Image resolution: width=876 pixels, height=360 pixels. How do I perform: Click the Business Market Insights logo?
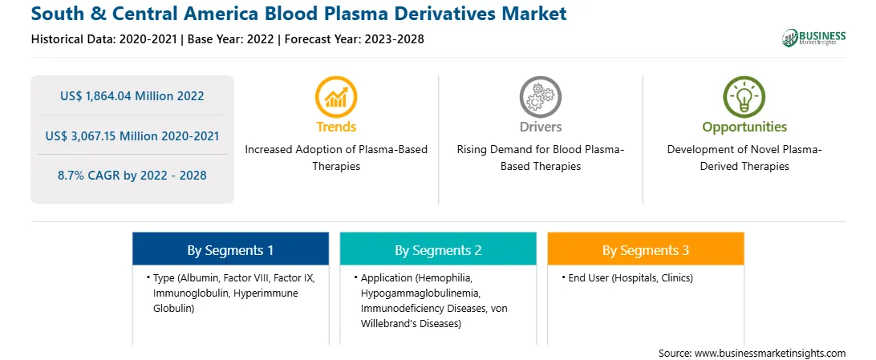(813, 38)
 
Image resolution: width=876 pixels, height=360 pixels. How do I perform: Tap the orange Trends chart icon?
(336, 96)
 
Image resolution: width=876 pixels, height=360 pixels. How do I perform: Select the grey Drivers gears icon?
(540, 96)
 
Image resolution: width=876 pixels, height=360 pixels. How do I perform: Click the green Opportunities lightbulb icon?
(744, 96)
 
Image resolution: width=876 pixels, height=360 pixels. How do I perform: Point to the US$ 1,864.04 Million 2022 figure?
(132, 96)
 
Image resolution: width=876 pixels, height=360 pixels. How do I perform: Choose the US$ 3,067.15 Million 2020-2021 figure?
(132, 136)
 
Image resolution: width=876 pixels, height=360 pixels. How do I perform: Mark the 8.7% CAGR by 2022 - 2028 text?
(132, 176)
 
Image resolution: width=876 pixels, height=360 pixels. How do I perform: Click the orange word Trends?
(336, 127)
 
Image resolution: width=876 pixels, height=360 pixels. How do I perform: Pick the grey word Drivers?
(540, 127)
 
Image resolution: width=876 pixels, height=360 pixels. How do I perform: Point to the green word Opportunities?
(744, 127)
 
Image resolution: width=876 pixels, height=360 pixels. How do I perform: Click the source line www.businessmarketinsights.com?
(752, 353)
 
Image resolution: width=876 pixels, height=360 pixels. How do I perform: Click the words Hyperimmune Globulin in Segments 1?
(225, 301)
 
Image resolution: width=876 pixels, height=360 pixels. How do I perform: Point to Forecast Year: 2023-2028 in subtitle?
(355, 39)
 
